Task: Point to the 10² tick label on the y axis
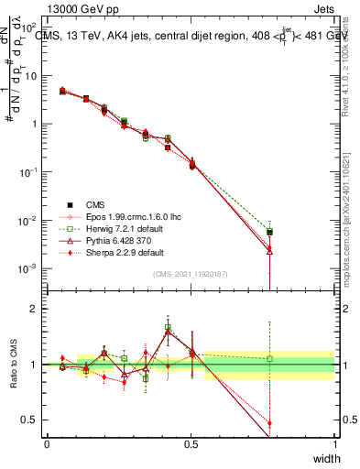click(31, 27)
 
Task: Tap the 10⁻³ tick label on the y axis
click(31, 268)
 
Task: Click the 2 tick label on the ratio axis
click(36, 309)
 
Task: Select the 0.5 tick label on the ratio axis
click(32, 420)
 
